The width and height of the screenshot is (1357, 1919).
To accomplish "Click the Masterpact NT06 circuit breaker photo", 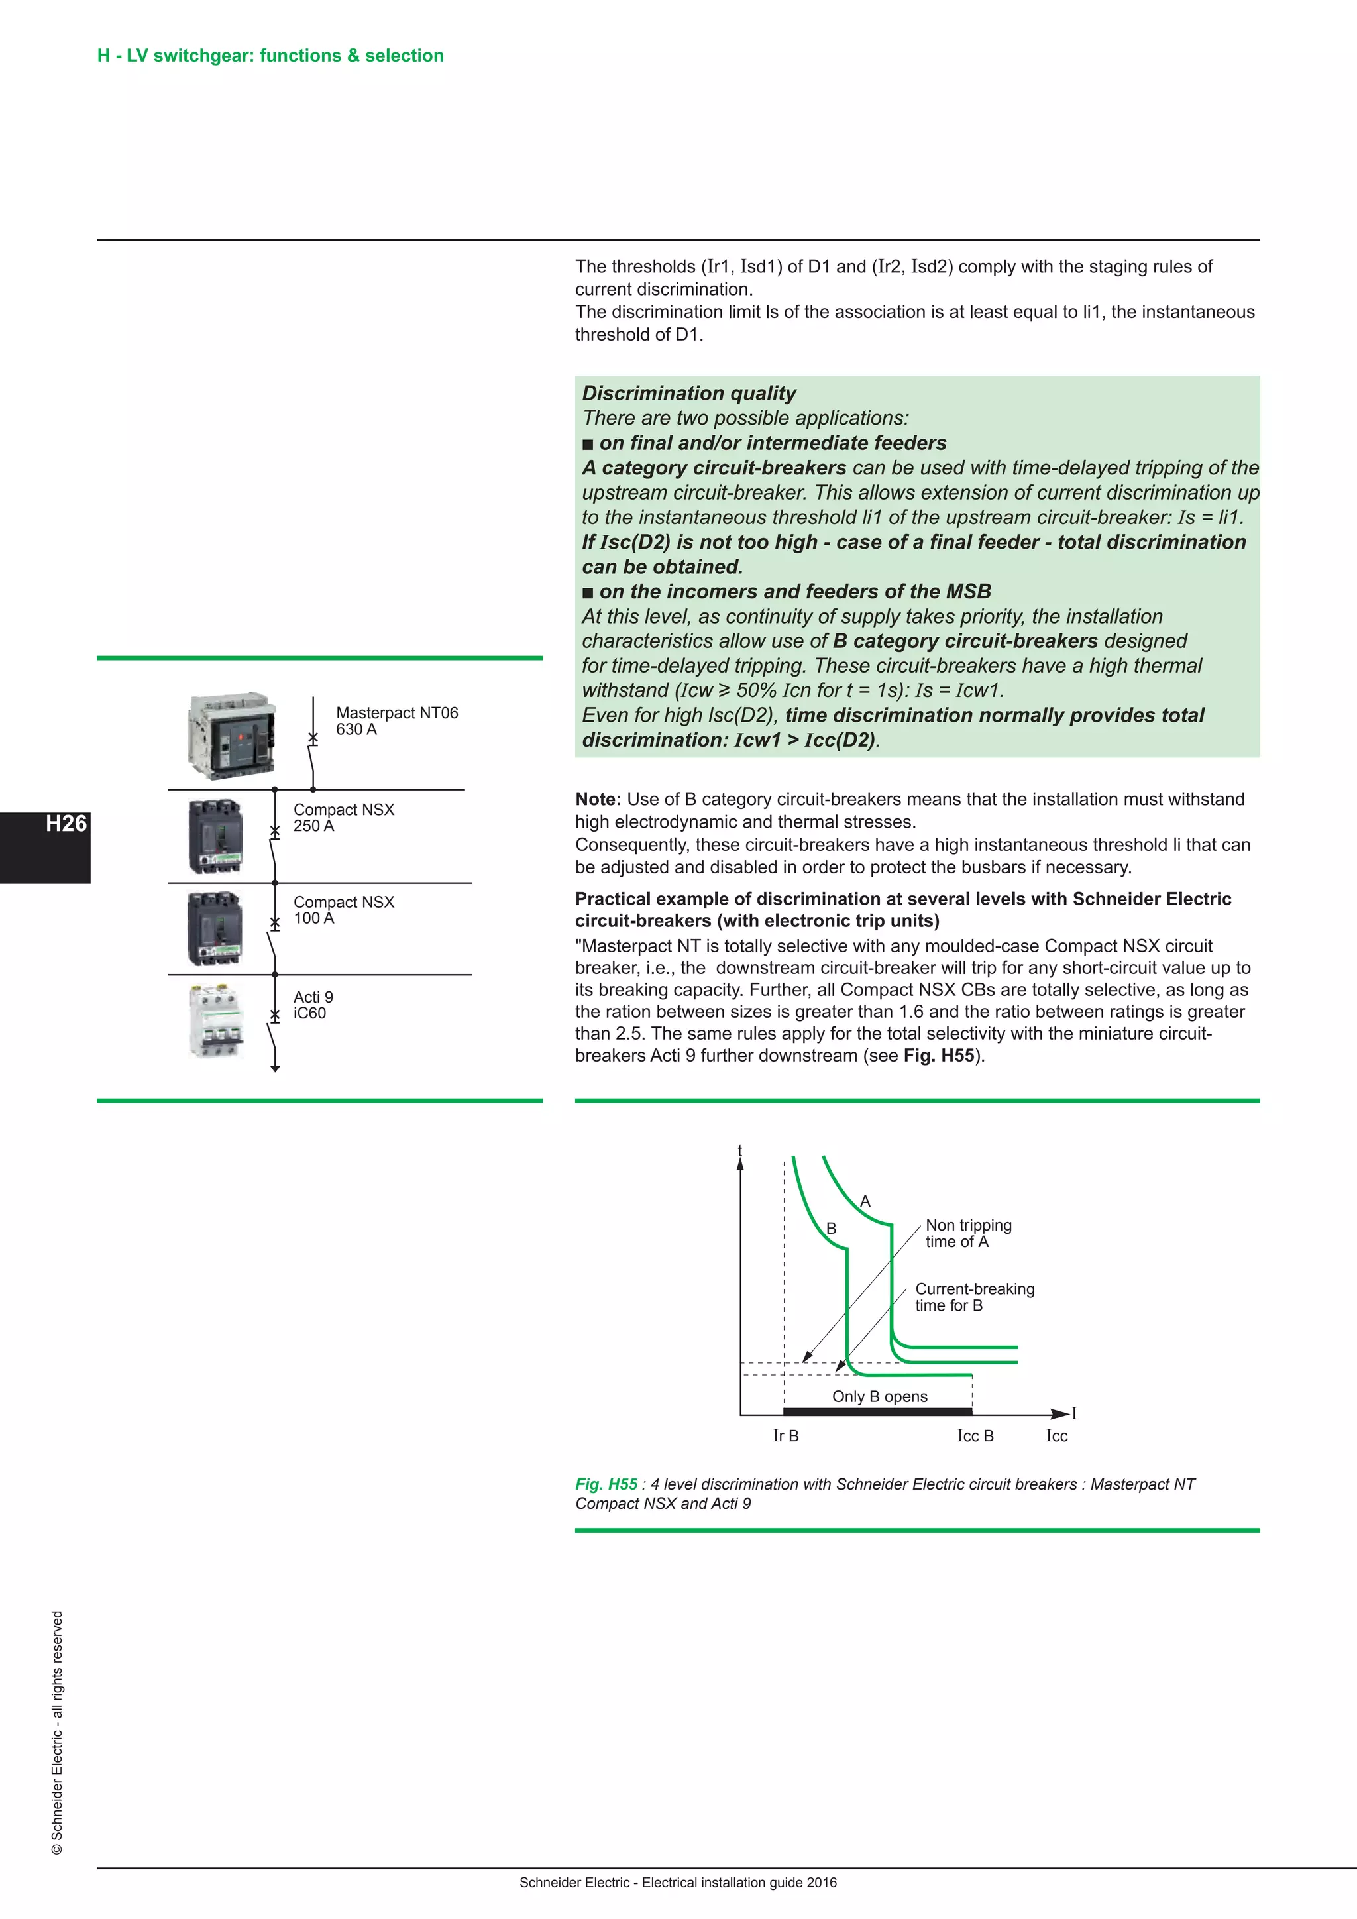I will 231,736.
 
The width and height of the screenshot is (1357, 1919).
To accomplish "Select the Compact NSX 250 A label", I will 343,818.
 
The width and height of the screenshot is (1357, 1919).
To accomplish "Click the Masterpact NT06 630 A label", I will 396,720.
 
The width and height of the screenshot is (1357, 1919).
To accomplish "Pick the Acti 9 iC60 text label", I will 313,1005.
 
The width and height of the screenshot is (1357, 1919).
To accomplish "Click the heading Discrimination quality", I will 688,393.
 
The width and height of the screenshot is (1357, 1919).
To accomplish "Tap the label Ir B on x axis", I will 785,1436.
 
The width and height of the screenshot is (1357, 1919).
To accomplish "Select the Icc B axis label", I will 975,1436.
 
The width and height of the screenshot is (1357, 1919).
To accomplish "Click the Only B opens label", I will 879,1397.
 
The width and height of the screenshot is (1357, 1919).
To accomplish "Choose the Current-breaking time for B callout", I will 973,1297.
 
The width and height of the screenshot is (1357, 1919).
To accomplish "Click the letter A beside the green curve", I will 865,1201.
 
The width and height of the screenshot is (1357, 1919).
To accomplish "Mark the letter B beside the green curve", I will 831,1229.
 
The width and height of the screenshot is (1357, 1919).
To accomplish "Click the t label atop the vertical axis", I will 739,1151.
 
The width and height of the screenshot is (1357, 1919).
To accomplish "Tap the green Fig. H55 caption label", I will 606,1484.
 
